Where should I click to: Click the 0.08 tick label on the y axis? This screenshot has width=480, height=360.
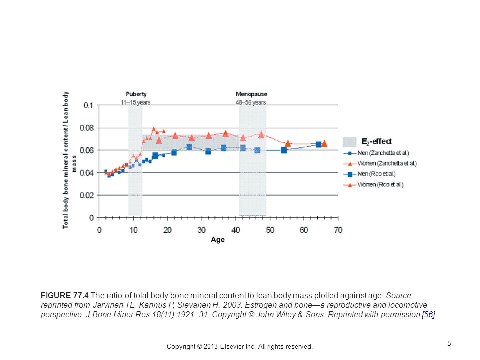tap(87, 128)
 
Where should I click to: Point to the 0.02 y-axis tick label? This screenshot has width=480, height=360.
tap(87, 195)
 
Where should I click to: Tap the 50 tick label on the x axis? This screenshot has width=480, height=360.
tap(270, 230)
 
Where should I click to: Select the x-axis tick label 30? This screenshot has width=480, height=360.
tap(201, 230)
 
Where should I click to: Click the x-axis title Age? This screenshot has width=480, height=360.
tap(218, 240)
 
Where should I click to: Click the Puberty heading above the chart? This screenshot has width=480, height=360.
tap(136, 94)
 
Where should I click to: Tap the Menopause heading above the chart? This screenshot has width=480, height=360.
tap(251, 94)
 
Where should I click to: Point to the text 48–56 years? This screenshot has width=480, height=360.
tap(251, 102)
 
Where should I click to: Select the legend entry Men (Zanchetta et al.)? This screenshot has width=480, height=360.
tap(383, 153)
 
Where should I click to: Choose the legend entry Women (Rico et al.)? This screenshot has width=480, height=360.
tap(380, 185)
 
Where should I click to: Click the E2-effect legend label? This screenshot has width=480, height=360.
tap(376, 141)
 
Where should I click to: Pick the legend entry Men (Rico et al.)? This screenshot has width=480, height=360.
tap(376, 174)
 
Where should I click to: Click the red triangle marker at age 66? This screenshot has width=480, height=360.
tap(324, 143)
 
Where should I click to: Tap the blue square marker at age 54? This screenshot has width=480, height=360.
tap(284, 150)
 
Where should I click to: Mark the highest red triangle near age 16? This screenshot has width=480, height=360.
tap(153, 129)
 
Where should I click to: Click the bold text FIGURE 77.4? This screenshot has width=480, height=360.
tap(65, 295)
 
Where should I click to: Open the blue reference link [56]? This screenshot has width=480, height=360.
tap(428, 314)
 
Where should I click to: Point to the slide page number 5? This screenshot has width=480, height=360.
tap(449, 343)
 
